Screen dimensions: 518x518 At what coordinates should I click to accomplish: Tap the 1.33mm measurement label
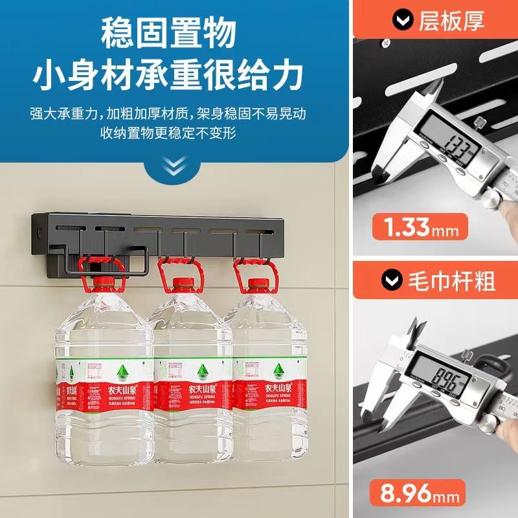pyautogui.click(x=420, y=228)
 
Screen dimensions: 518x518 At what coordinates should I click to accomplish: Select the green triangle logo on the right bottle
pyautogui.click(x=278, y=370)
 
